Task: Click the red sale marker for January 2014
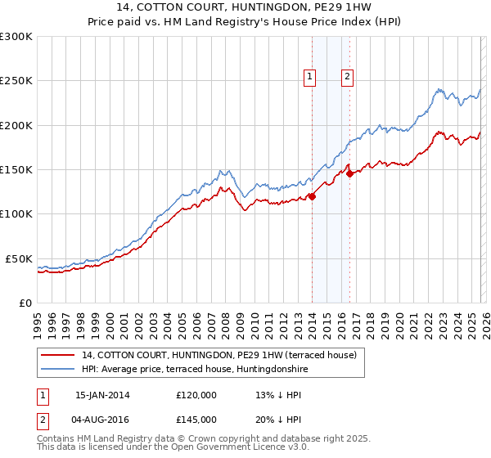[x=312, y=195]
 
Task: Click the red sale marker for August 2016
[x=349, y=173]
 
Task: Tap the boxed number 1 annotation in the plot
[x=311, y=78]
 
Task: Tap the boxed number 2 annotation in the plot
[x=348, y=78]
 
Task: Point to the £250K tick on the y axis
[x=16, y=81]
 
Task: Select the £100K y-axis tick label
[x=16, y=213]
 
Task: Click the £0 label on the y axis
[x=25, y=303]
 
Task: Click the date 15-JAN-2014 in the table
[x=102, y=394]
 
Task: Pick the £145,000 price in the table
[x=196, y=419]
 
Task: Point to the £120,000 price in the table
[x=196, y=394]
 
